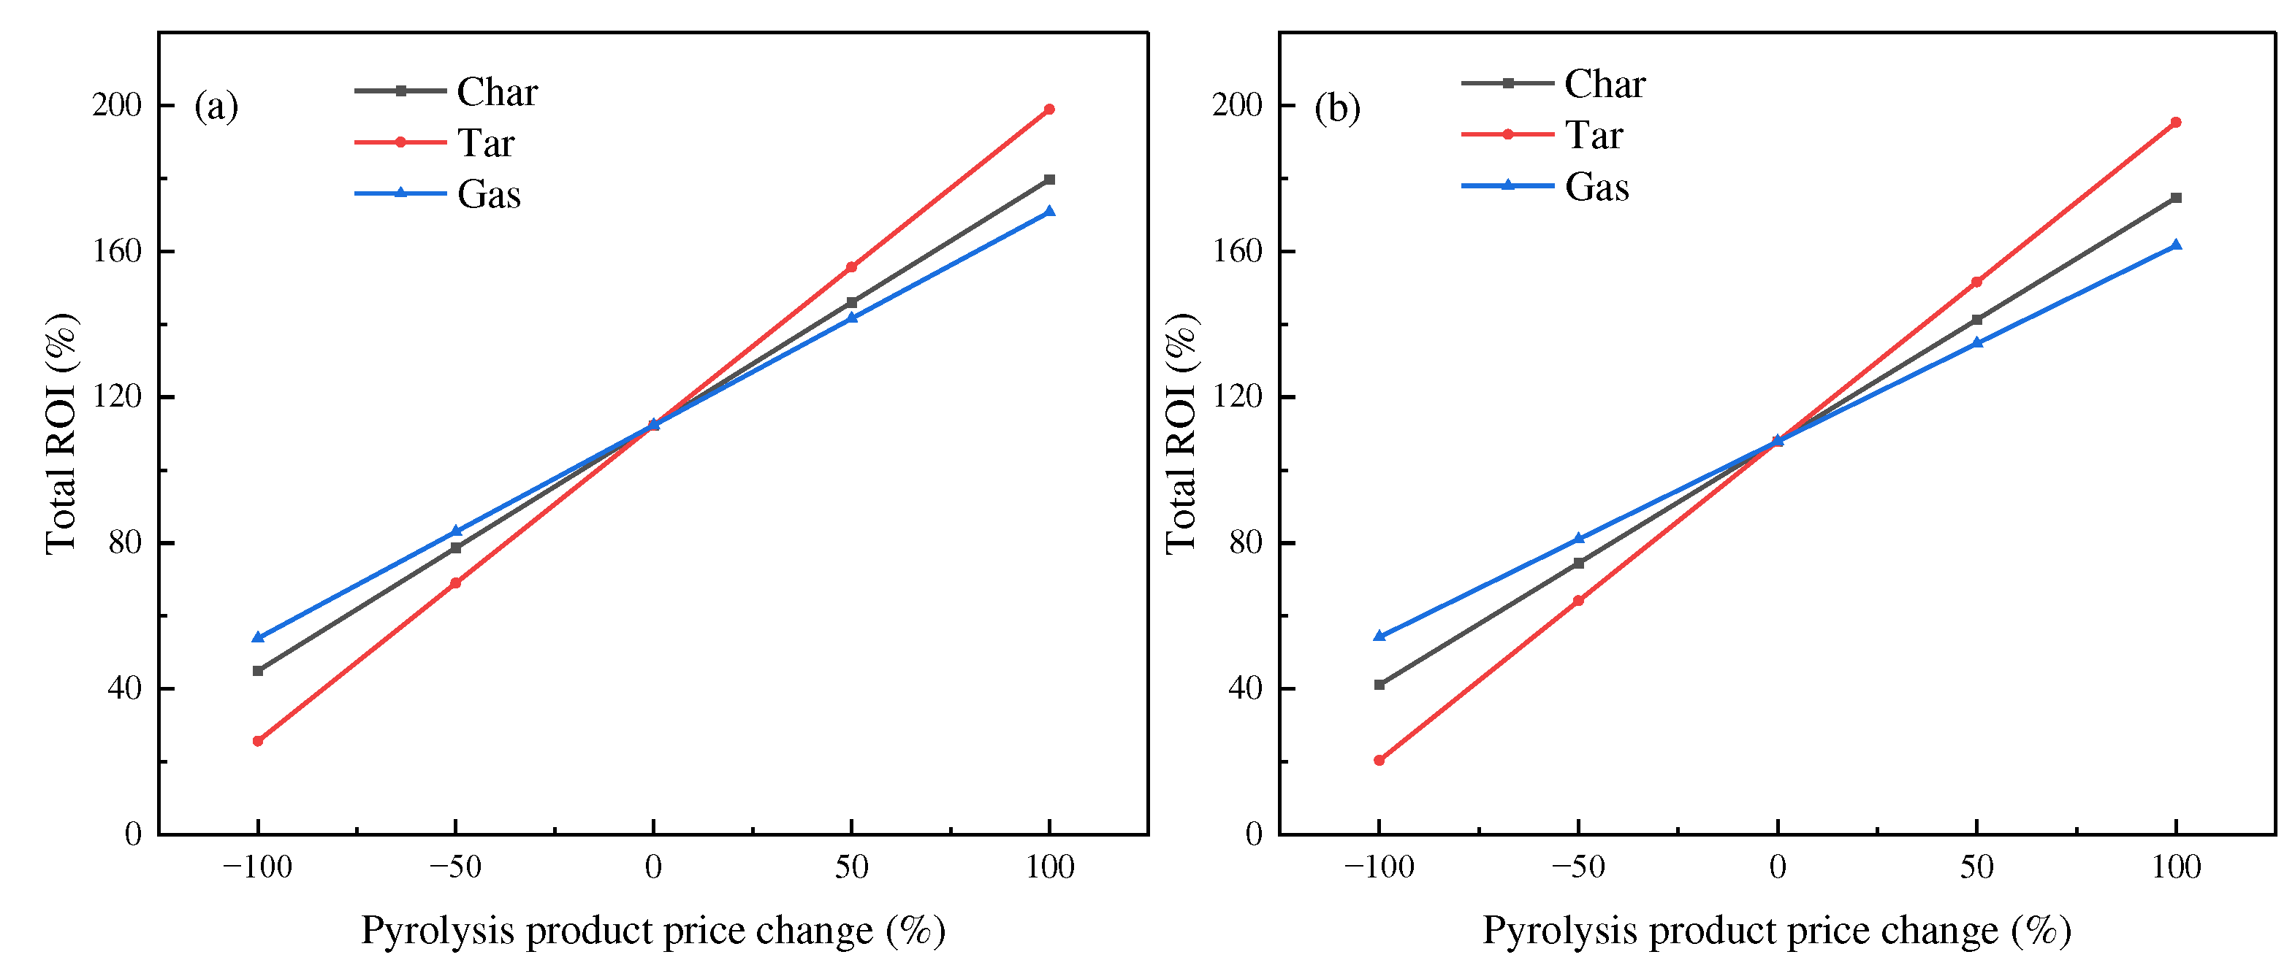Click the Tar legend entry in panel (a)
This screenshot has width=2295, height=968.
tap(486, 142)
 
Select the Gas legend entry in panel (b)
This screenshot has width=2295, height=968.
tap(1596, 187)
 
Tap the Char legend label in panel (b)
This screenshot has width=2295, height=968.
tap(1605, 84)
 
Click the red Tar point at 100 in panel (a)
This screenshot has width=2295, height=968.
tap(1049, 110)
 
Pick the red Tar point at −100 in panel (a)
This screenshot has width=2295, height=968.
tap(257, 741)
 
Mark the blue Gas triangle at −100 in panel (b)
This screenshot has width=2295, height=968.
tap(1379, 636)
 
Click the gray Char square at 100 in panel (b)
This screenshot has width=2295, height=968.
tap(2177, 198)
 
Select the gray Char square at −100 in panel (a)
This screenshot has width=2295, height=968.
tap(257, 671)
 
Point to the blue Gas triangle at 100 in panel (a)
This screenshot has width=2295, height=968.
tap(1049, 211)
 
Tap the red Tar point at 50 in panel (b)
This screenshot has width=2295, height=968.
tap(1977, 283)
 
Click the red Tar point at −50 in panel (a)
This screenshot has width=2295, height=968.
tap(455, 583)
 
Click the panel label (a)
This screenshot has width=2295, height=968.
tap(216, 106)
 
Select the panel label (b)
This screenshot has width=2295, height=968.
tap(1337, 108)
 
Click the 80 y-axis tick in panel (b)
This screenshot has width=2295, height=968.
tap(1246, 542)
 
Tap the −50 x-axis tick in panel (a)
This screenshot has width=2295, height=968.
tap(454, 867)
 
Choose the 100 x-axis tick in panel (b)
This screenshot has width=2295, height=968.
tap(2176, 867)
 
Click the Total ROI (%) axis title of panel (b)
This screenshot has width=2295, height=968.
tap(1181, 434)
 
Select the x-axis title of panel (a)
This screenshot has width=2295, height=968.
tap(653, 931)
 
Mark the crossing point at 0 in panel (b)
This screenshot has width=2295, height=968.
tap(1778, 441)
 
